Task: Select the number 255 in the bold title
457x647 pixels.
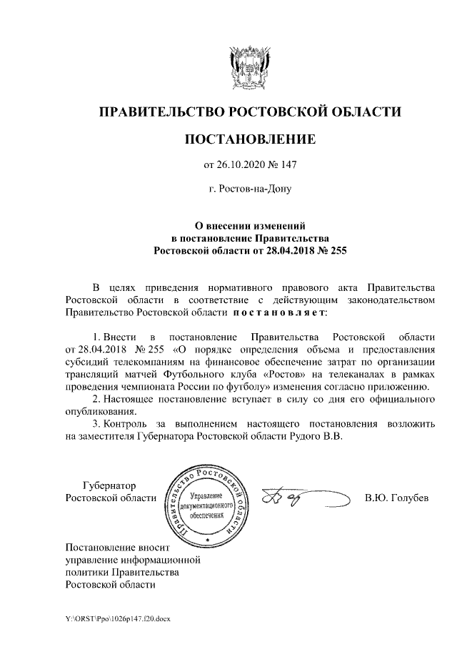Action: point(335,250)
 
